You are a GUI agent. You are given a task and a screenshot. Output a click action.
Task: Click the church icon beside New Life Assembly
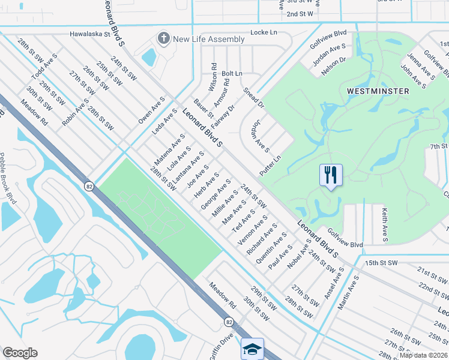click(x=163, y=39)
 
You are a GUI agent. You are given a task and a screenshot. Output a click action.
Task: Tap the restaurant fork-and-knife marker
click(x=331, y=175)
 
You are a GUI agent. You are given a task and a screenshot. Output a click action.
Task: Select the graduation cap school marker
click(x=252, y=348)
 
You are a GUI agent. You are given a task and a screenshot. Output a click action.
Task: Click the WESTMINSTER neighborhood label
click(x=378, y=91)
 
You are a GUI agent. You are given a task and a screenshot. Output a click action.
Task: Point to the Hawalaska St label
click(x=90, y=35)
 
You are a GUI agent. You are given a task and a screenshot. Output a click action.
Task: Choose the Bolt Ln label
click(x=232, y=73)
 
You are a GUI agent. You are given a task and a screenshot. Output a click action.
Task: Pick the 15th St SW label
click(x=381, y=263)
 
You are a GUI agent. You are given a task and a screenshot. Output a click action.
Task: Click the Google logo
click(x=20, y=353)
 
